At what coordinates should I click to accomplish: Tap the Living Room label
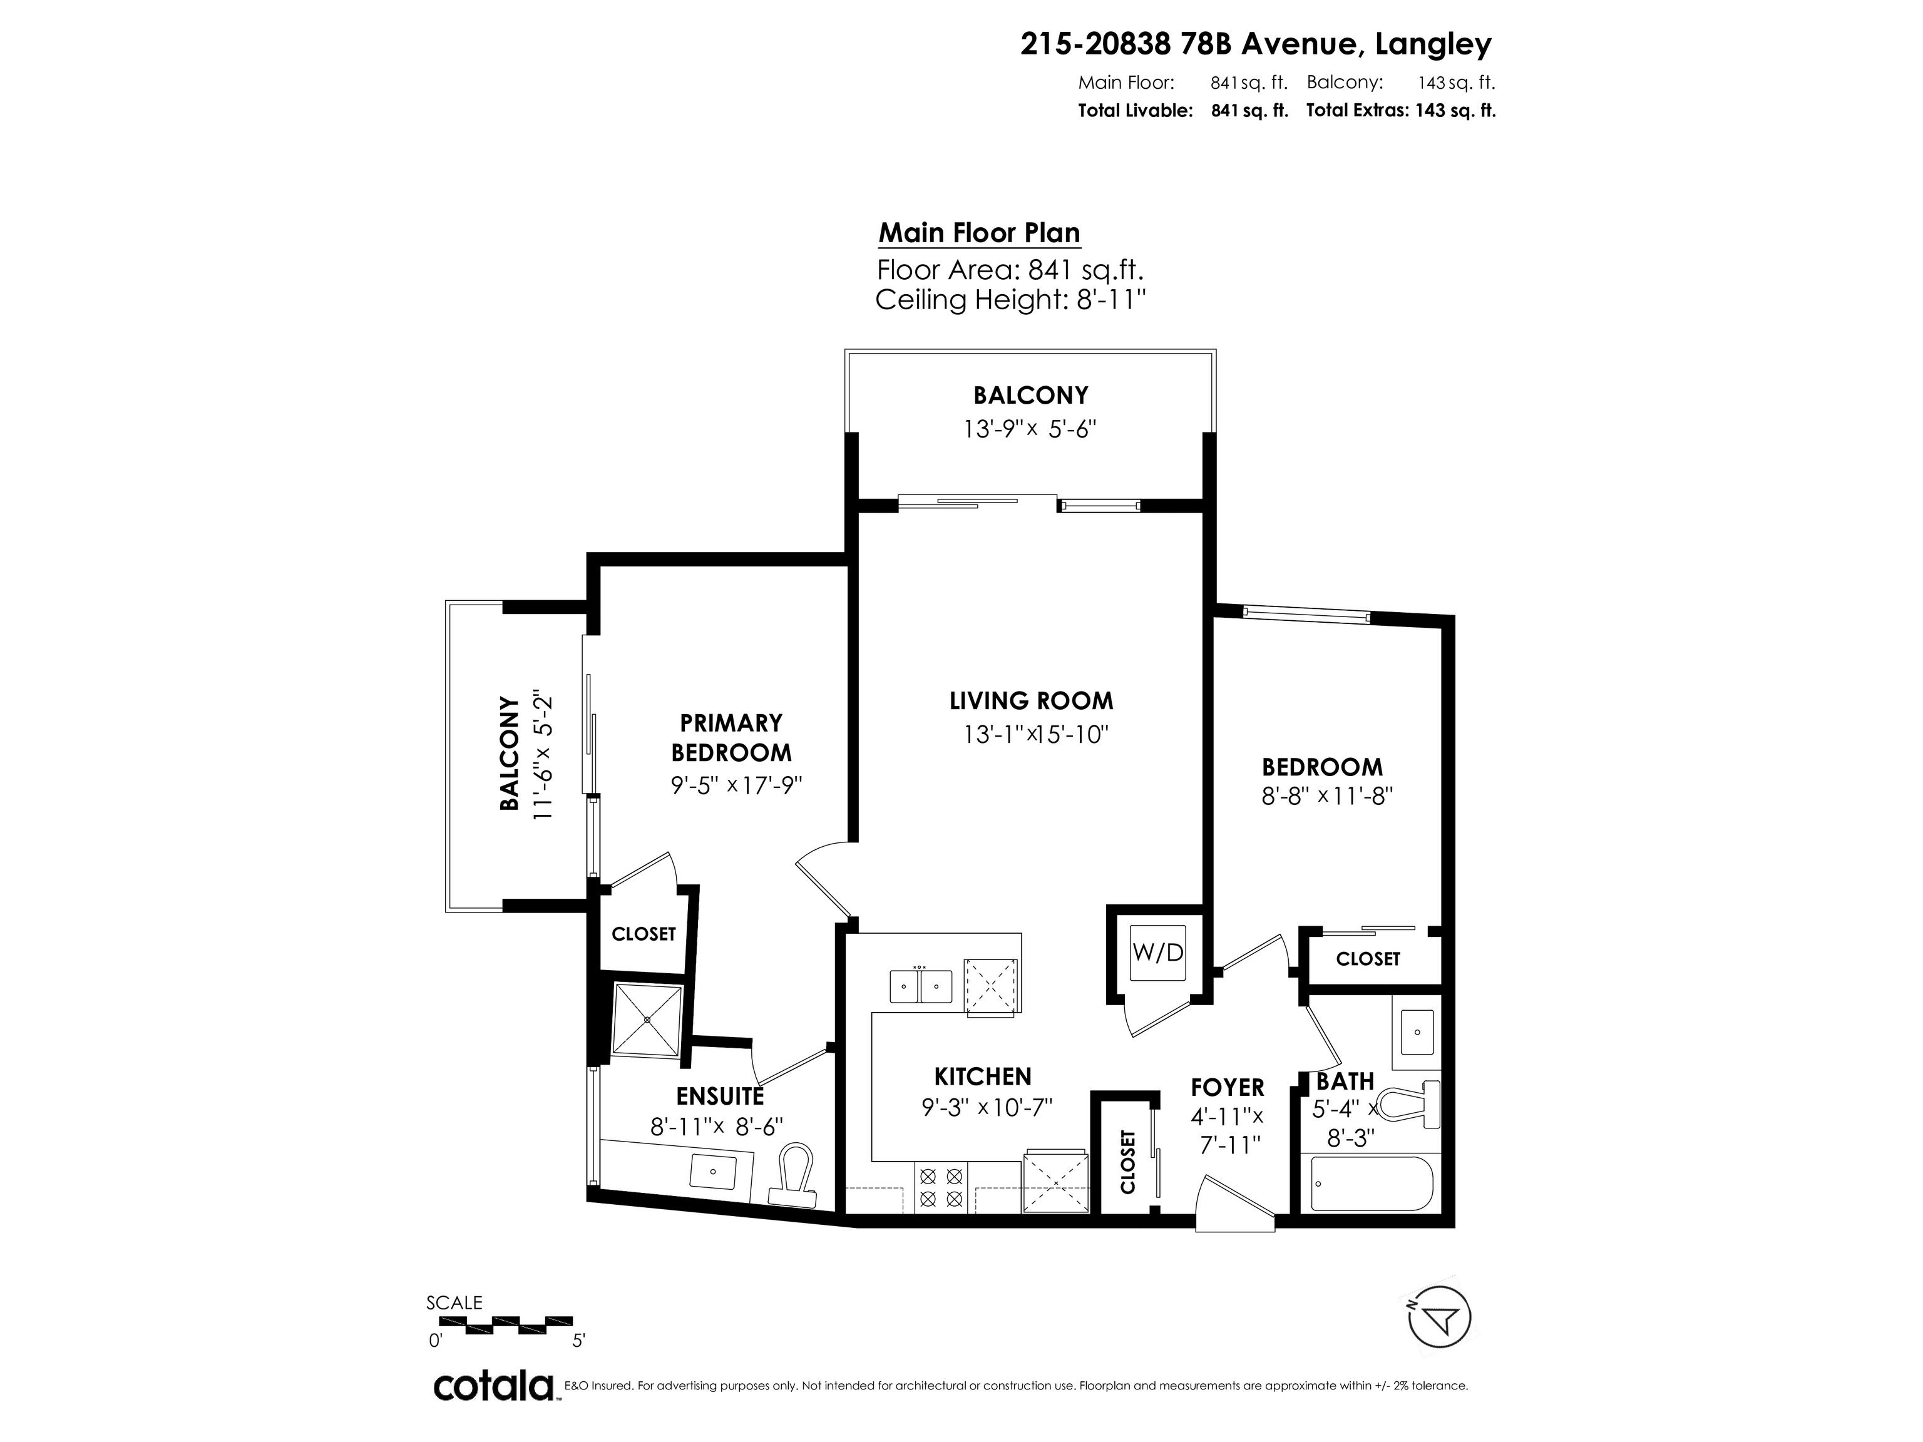(1031, 700)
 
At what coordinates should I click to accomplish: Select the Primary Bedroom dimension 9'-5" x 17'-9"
(736, 785)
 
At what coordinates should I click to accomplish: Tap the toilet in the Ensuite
(794, 1175)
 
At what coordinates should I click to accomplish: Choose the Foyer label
(1228, 1087)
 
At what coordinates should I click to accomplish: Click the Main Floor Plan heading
(980, 233)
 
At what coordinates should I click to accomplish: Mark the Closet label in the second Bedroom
(1368, 959)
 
